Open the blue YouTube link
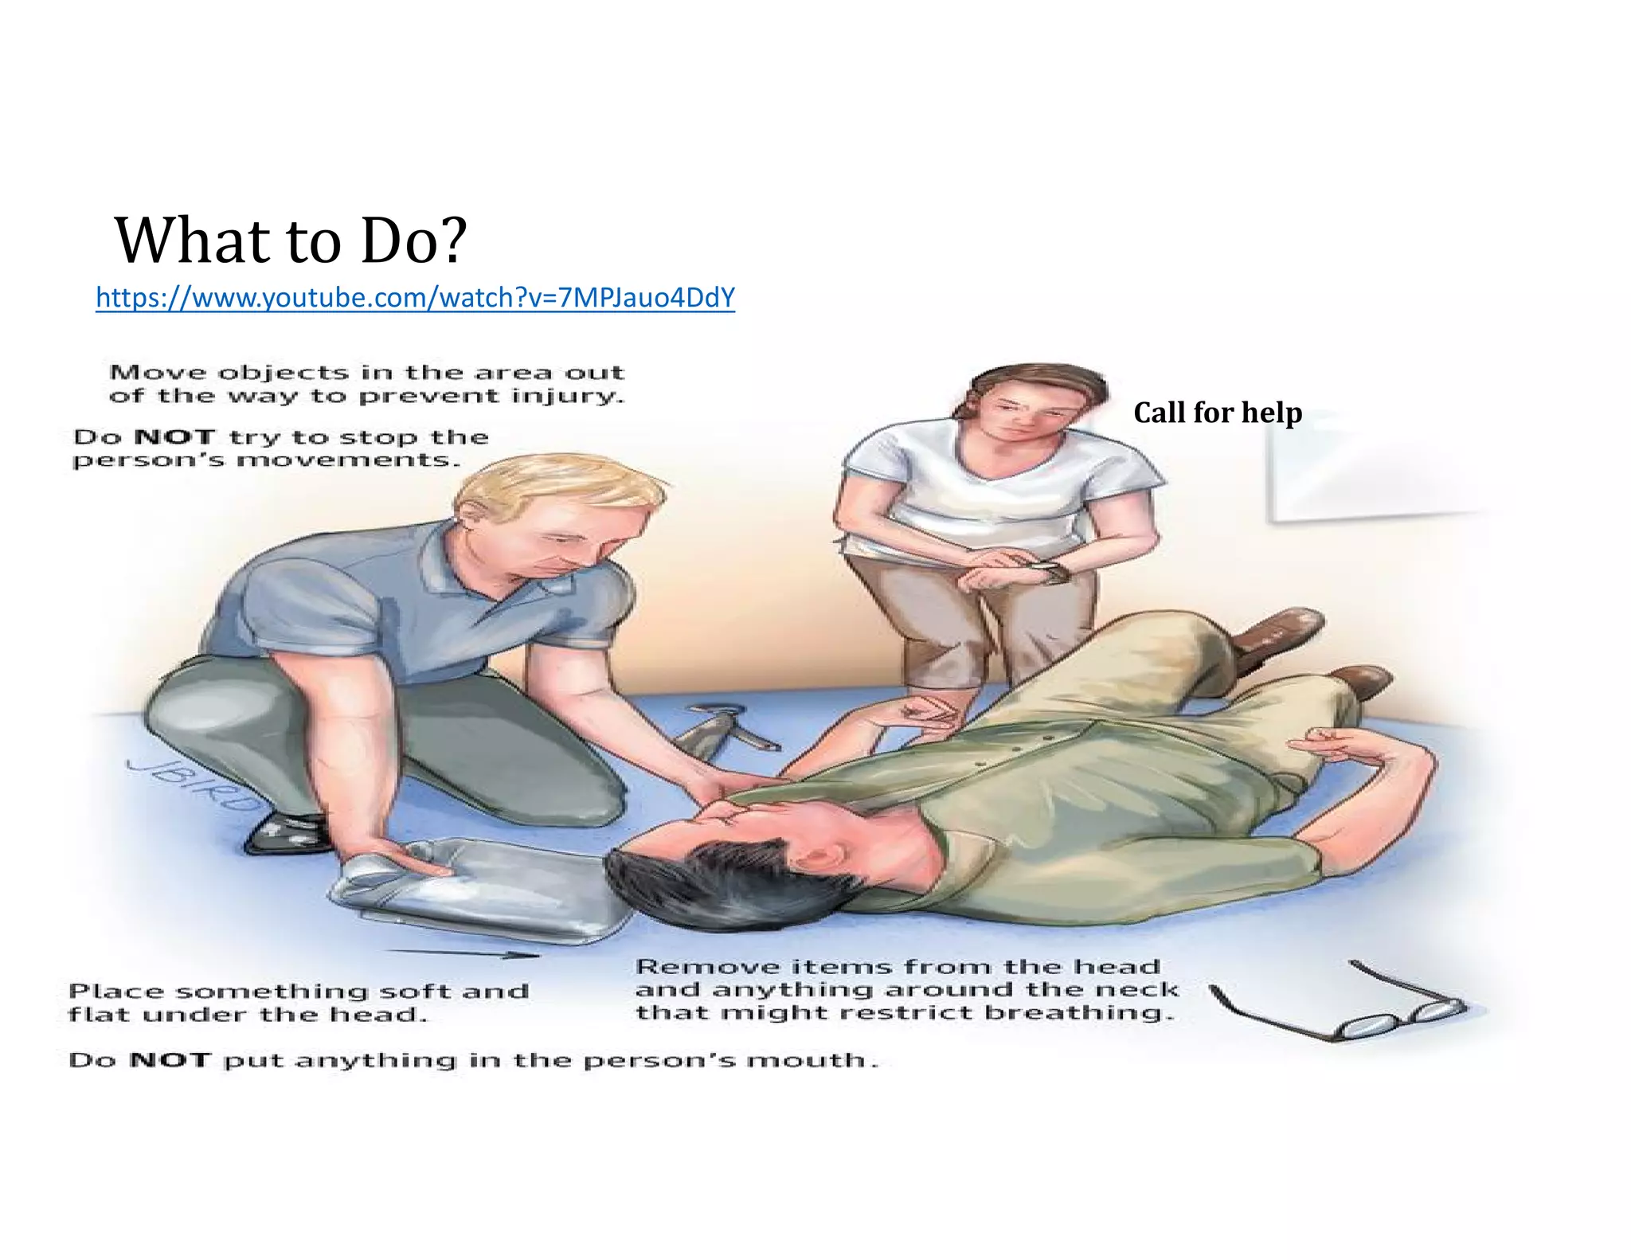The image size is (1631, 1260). click(x=415, y=298)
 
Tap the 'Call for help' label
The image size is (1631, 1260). click(x=1218, y=413)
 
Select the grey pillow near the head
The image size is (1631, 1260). click(x=478, y=884)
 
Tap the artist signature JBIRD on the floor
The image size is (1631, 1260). click(x=191, y=785)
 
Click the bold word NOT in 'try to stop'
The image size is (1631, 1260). click(x=175, y=437)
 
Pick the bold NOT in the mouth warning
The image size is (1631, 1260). click(x=170, y=1061)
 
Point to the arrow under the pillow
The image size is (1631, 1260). click(x=466, y=953)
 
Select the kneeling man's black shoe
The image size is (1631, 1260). click(x=287, y=832)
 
